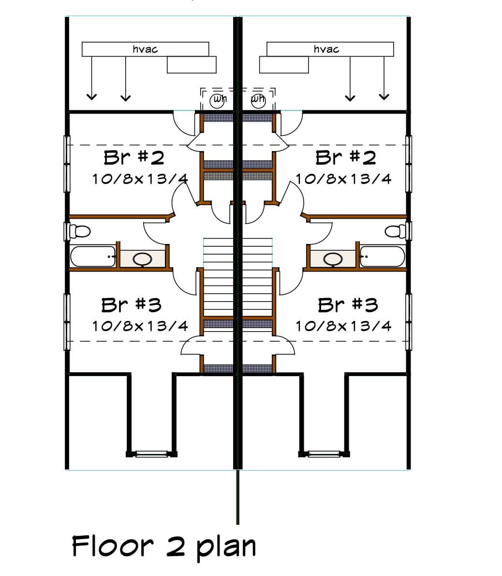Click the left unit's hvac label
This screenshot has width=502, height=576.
point(145,49)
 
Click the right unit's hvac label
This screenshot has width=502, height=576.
point(326,49)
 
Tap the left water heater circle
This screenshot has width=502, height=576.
point(218,101)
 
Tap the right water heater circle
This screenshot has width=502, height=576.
point(258,101)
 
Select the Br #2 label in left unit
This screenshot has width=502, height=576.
point(133,158)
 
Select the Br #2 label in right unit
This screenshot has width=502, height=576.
point(345,158)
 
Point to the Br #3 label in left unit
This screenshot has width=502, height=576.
point(131,305)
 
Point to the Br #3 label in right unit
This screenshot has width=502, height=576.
point(348,305)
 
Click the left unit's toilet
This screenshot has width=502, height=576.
point(79,231)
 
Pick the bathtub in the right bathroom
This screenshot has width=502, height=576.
point(383,257)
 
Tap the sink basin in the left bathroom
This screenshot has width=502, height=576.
point(142,259)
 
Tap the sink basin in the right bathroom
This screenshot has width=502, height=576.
point(333,259)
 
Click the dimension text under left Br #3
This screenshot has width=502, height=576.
point(140,326)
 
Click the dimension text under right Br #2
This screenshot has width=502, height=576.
point(343,179)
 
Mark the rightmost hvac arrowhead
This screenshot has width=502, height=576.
point(384,97)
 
